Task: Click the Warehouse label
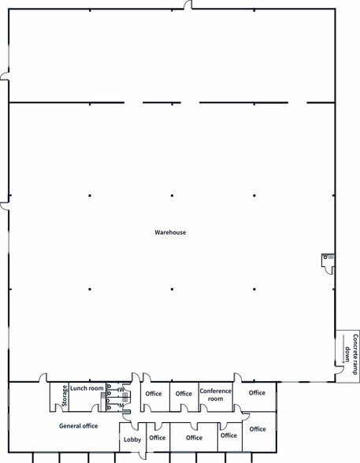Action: point(170,232)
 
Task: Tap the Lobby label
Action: point(132,439)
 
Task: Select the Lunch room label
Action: point(87,388)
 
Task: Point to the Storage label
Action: point(65,396)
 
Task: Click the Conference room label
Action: point(216,394)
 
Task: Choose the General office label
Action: point(78,426)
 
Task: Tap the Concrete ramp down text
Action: point(351,354)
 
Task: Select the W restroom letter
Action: point(121,390)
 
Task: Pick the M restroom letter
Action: point(121,406)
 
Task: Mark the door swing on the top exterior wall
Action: point(187,5)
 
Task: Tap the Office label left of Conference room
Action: point(184,394)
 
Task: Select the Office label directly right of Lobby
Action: point(158,438)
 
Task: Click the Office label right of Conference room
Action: point(257,393)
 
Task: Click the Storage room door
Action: point(53,408)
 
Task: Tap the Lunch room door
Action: point(95,408)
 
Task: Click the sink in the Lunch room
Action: point(102,395)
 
